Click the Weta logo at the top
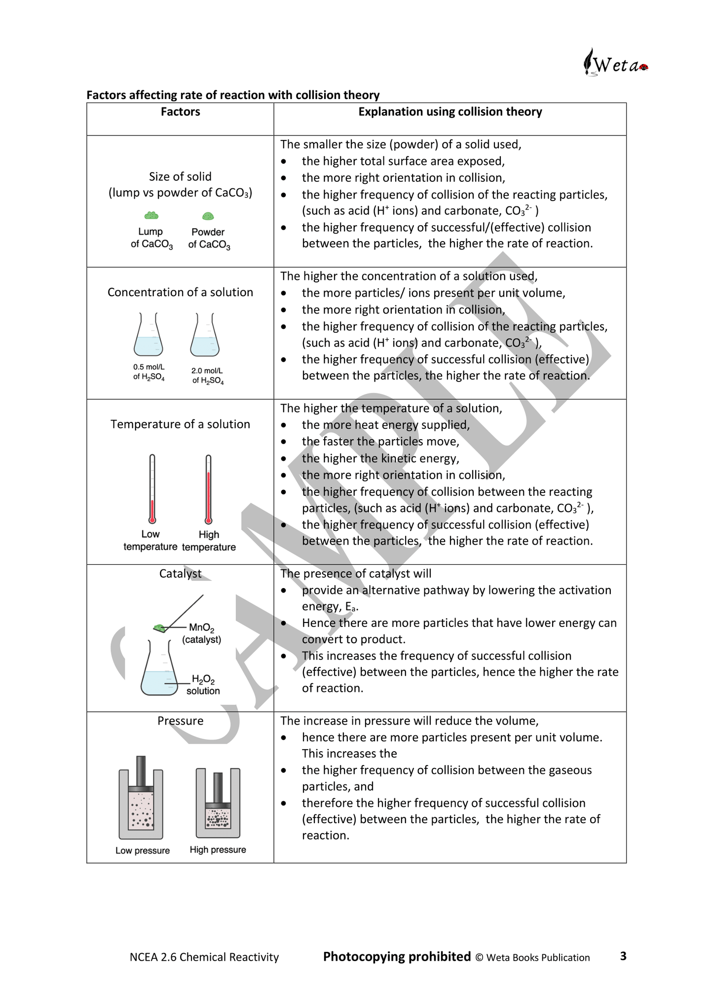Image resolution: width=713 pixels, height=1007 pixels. [615, 63]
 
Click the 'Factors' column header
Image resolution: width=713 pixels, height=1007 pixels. [180, 112]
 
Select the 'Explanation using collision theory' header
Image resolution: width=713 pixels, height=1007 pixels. [450, 112]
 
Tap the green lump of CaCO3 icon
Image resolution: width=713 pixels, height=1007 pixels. [151, 215]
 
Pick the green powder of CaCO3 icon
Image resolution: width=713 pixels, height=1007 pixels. [208, 216]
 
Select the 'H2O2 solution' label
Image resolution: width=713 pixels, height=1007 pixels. [203, 685]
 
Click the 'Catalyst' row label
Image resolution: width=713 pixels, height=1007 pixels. [180, 574]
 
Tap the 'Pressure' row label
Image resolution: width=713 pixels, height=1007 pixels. [180, 721]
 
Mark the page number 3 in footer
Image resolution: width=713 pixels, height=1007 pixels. [623, 956]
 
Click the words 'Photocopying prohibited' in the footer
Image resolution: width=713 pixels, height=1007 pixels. [397, 957]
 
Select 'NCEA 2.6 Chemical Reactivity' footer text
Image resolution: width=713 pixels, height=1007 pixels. [204, 957]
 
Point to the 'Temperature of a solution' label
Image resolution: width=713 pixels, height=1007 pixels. [180, 424]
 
